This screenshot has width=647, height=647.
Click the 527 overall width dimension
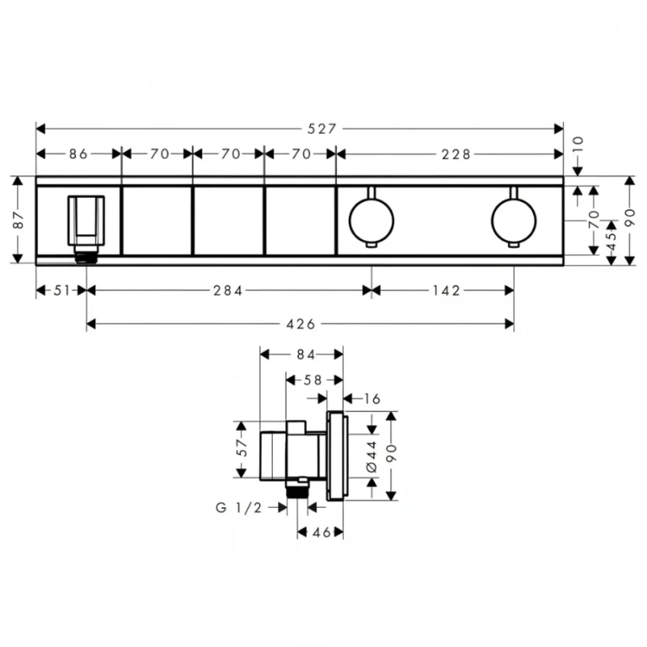pyautogui.click(x=322, y=129)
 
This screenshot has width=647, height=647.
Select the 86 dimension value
pyautogui.click(x=78, y=154)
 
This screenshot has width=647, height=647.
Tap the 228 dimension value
pyautogui.click(x=456, y=154)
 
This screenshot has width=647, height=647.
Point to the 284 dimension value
pyautogui.click(x=227, y=291)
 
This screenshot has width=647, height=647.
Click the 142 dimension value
pyautogui.click(x=446, y=291)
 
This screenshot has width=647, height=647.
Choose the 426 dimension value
pyautogui.click(x=301, y=324)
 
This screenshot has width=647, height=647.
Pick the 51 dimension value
pyautogui.click(x=62, y=291)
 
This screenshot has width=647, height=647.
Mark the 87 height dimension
pyautogui.click(x=19, y=220)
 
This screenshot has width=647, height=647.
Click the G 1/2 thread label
pyautogui.click(x=239, y=507)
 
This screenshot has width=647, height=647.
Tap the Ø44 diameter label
pyautogui.click(x=372, y=457)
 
